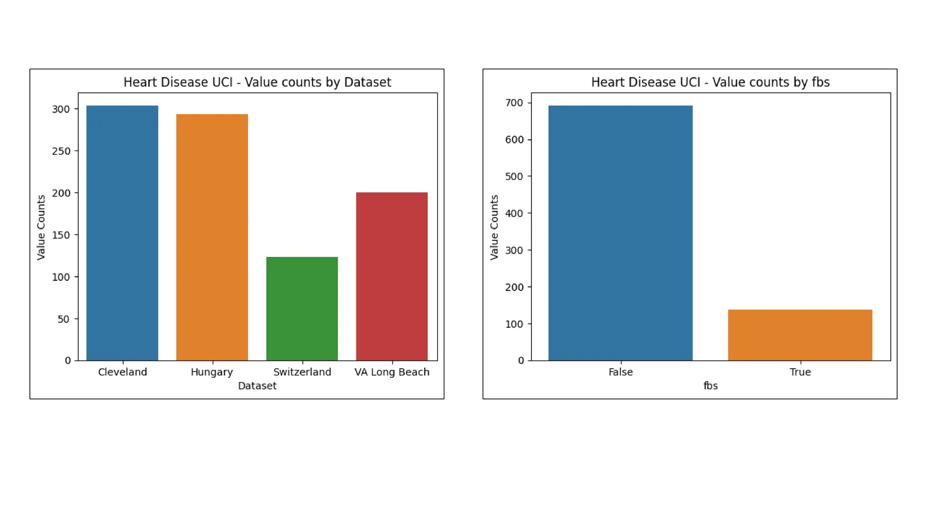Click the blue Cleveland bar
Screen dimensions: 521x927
pyautogui.click(x=122, y=233)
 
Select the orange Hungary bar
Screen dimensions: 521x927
pyautogui.click(x=212, y=237)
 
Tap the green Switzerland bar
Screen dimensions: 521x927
pyautogui.click(x=302, y=308)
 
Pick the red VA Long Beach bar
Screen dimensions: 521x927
pyautogui.click(x=392, y=276)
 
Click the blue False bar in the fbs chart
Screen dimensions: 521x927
pyautogui.click(x=620, y=233)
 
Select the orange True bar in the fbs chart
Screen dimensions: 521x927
pyautogui.click(x=800, y=335)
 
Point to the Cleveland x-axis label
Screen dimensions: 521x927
pyautogui.click(x=122, y=372)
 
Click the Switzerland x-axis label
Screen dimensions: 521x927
pyautogui.click(x=302, y=372)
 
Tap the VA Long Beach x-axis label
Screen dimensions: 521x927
pyautogui.click(x=392, y=372)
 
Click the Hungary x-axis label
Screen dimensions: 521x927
pyautogui.click(x=212, y=372)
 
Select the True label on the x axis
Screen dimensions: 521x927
pyautogui.click(x=800, y=372)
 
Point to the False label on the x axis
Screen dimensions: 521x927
pyautogui.click(x=620, y=372)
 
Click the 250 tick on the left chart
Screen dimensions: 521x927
pyautogui.click(x=61, y=151)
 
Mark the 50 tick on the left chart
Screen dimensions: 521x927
pyautogui.click(x=64, y=319)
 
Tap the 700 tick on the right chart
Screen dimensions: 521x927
pyautogui.click(x=514, y=103)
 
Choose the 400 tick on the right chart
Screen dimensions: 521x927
pyautogui.click(x=514, y=213)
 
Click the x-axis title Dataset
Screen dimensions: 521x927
pyautogui.click(x=257, y=386)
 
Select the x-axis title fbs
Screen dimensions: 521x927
pyautogui.click(x=710, y=386)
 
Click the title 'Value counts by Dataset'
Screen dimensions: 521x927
pyautogui.click(x=257, y=82)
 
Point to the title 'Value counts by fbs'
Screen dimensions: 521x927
pyautogui.click(x=710, y=82)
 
